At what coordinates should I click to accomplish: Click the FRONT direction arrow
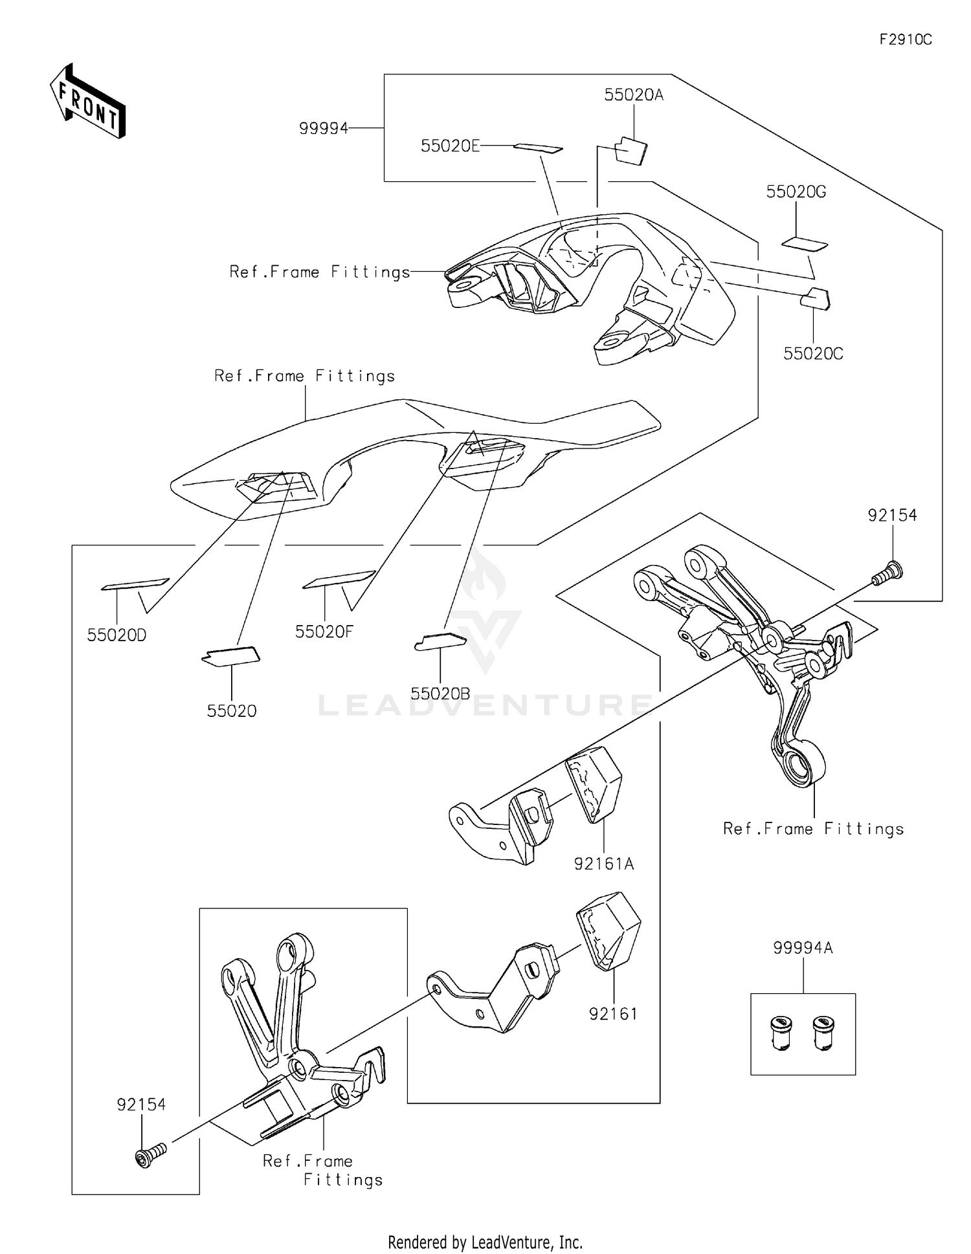pos(87,102)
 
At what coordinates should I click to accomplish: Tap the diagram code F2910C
pos(905,39)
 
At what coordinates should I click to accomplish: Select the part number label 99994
pos(323,128)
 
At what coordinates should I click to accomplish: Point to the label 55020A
pos(634,95)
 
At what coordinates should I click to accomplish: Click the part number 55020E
pos(450,146)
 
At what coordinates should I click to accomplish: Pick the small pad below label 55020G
pos(805,244)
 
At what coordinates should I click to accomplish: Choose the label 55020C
pos(813,354)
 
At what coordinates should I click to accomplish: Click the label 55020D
pos(117,635)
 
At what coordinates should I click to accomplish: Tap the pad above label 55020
pos(231,656)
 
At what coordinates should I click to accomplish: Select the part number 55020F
pos(324,632)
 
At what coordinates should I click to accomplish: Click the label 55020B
pos(440,694)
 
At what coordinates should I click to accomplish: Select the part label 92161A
pos(603,863)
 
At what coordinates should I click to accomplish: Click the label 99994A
pos(803,948)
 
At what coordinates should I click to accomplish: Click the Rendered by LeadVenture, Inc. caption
pos(485,1242)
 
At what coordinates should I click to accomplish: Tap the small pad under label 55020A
pos(630,151)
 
